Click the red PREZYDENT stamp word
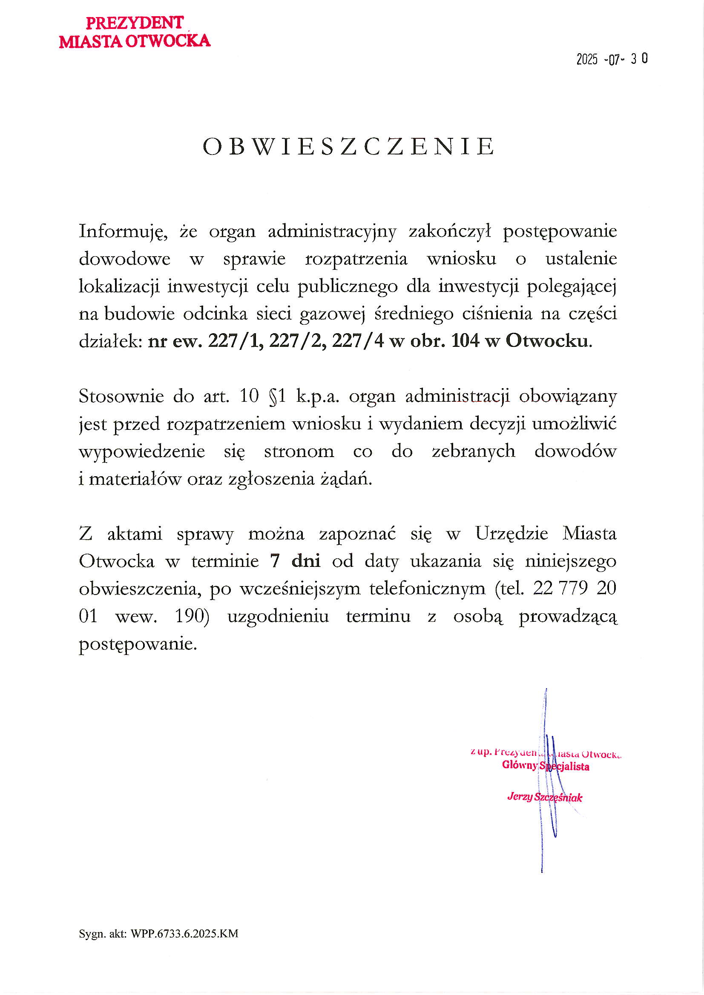pyautogui.click(x=135, y=23)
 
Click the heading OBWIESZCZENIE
pyautogui.click(x=349, y=146)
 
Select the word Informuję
pyautogui.click(x=123, y=232)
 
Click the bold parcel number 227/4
pyautogui.click(x=358, y=341)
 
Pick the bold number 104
pyautogui.click(x=465, y=341)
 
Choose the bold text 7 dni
pyautogui.click(x=295, y=562)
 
